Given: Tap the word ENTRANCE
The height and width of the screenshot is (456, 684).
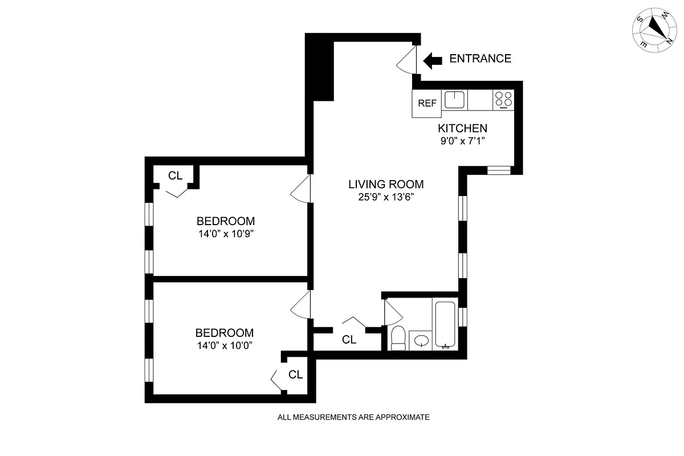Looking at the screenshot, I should click(x=480, y=59).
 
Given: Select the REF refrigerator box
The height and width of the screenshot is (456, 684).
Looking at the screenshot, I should click(x=427, y=103).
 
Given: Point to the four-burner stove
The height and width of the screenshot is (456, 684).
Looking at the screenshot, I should click(x=503, y=100).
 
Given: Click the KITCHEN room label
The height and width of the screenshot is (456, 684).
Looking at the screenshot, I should click(x=462, y=128).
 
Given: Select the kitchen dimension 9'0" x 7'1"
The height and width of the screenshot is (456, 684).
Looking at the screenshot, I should click(x=462, y=140).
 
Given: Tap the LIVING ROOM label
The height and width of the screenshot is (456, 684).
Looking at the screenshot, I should click(x=386, y=184).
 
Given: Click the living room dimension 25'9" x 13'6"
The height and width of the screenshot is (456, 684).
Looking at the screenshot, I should click(x=386, y=197).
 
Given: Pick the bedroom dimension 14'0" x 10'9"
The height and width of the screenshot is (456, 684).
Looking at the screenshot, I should click(x=225, y=234).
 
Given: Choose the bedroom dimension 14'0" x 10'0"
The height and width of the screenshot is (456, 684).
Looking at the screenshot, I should click(x=224, y=345).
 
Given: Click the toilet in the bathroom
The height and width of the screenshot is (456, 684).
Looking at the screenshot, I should click(x=398, y=337).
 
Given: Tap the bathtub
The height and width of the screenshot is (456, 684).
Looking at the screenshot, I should click(x=445, y=324).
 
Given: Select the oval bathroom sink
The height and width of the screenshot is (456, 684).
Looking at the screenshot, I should click(x=421, y=341).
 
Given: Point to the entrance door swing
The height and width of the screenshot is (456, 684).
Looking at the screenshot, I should click(x=409, y=59).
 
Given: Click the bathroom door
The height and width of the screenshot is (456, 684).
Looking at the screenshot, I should click(x=393, y=311).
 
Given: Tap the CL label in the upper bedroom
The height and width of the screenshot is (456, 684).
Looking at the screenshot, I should click(x=175, y=176).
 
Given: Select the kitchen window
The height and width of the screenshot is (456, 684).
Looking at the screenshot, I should click(x=499, y=170).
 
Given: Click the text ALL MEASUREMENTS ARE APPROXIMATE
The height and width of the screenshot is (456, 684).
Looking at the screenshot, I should click(x=353, y=417).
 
